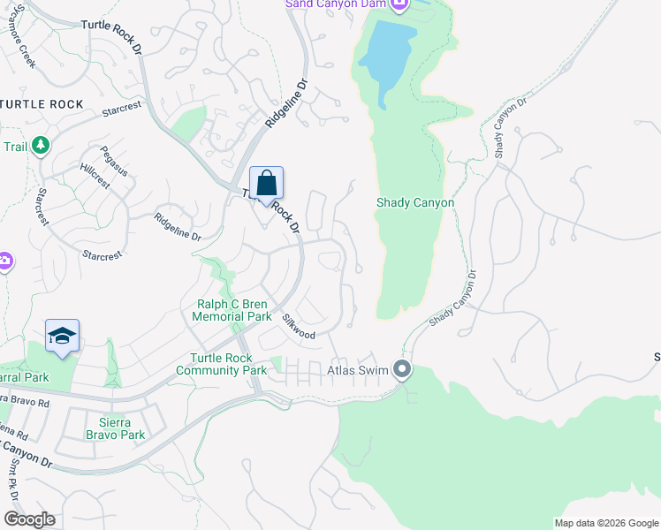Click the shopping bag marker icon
click(x=266, y=185)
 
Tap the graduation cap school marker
click(x=62, y=337)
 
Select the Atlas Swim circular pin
click(x=403, y=369)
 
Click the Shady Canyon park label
click(x=415, y=203)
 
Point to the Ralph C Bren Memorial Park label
click(x=233, y=310)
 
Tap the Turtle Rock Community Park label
click(x=228, y=364)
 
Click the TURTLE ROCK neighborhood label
click(x=42, y=104)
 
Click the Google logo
click(x=29, y=519)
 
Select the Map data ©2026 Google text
click(x=606, y=523)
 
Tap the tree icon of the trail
click(x=40, y=144)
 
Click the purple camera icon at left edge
click(x=4, y=261)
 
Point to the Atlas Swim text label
click(x=358, y=370)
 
